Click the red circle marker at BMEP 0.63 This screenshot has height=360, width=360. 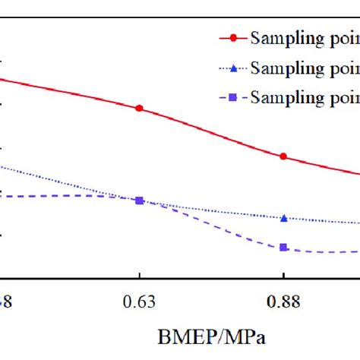click(139, 108)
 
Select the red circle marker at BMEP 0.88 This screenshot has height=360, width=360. click(283, 156)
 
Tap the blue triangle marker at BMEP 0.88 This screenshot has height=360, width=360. click(283, 218)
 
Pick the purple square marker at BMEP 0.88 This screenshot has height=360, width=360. click(283, 248)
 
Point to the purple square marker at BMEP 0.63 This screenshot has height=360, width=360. click(139, 201)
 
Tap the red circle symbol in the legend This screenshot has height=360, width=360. click(233, 37)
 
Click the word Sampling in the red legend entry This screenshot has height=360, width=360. click(284, 37)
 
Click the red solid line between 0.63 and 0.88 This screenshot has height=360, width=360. click(213, 131)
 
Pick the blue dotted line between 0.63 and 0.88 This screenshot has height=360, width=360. click(213, 212)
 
